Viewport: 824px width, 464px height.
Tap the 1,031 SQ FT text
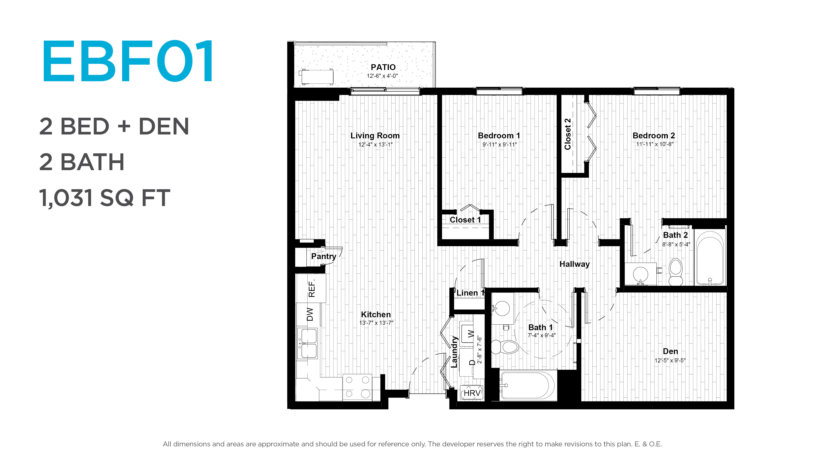click(105, 198)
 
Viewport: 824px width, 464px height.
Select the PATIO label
click(383, 67)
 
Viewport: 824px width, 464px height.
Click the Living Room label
click(375, 136)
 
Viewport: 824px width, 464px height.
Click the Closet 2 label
click(567, 134)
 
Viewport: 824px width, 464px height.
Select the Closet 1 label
click(465, 220)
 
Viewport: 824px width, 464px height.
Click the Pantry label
click(323, 256)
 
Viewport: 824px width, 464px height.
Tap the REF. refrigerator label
click(312, 288)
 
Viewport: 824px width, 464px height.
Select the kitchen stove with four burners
click(357, 387)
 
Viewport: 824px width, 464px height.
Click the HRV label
click(472, 393)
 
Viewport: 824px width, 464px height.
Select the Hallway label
click(574, 264)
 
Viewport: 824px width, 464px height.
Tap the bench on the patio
click(316, 77)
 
